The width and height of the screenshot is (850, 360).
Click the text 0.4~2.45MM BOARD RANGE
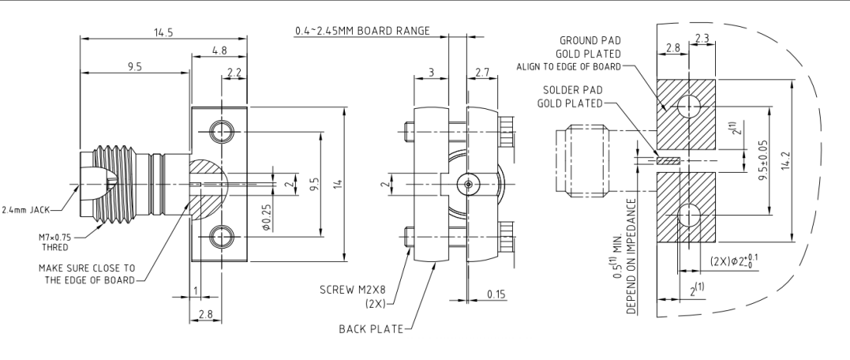click(362, 31)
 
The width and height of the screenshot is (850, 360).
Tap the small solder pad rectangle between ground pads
click(667, 160)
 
